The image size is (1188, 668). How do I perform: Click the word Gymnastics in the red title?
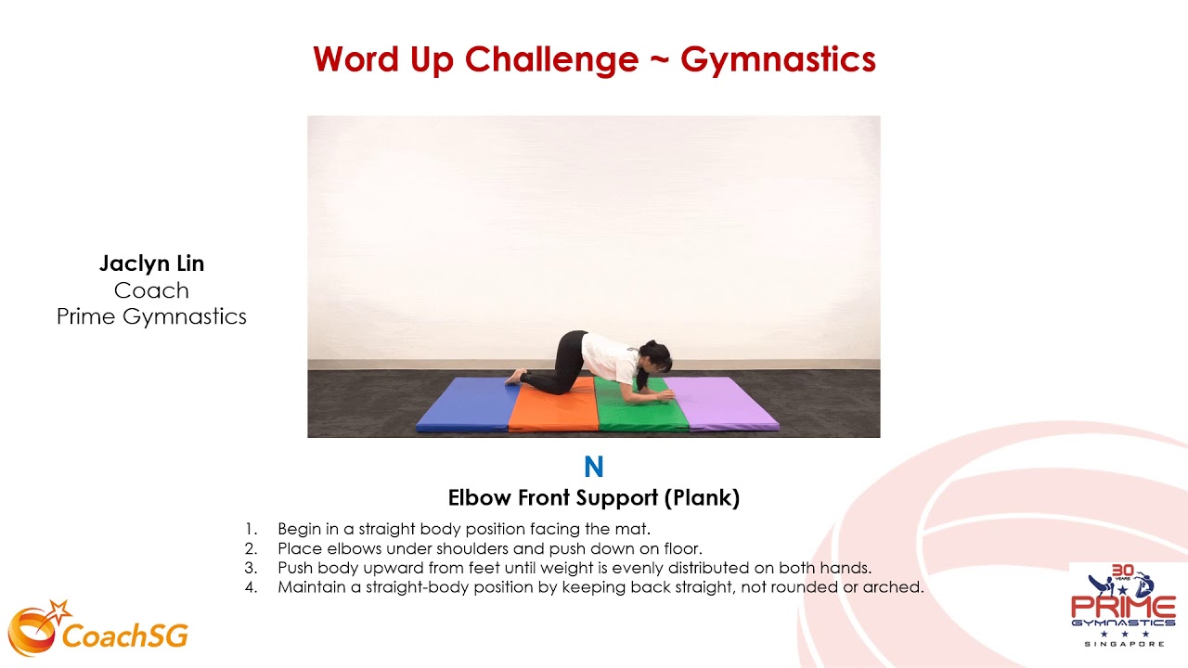click(x=778, y=59)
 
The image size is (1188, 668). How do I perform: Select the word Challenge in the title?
click(x=551, y=59)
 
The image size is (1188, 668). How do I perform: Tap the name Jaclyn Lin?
click(x=151, y=263)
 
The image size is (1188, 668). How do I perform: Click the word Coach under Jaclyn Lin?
click(x=151, y=290)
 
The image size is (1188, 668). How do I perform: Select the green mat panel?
click(x=640, y=413)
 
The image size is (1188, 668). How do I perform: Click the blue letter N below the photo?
click(x=593, y=468)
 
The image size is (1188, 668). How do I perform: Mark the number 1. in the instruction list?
click(x=251, y=529)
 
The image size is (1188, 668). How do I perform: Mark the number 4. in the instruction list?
click(x=251, y=587)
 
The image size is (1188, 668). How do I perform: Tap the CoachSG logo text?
click(x=124, y=636)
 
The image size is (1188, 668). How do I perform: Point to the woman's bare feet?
click(x=513, y=377)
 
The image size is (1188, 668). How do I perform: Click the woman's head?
click(x=653, y=357)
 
